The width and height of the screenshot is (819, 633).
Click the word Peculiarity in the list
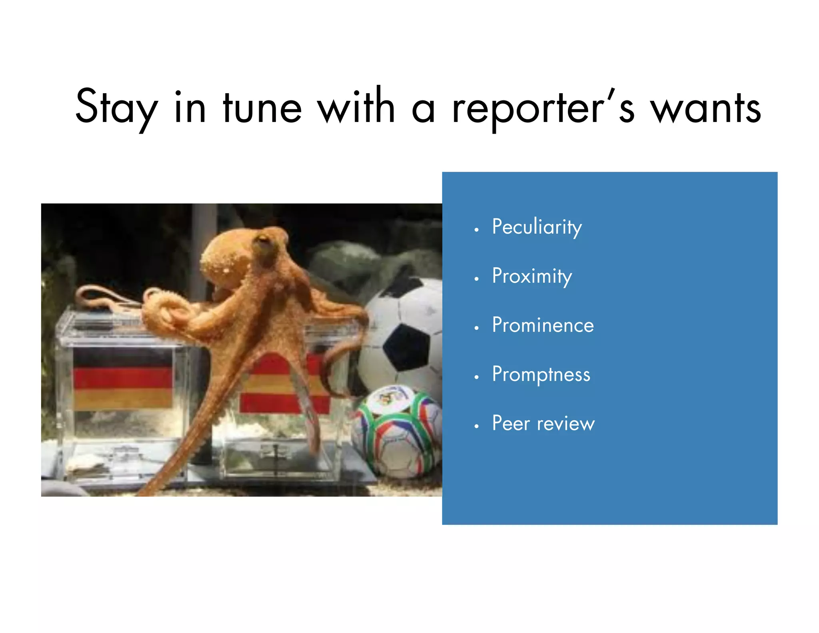tap(537, 227)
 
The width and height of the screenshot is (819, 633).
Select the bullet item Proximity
tap(532, 276)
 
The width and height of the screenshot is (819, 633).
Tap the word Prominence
tap(543, 325)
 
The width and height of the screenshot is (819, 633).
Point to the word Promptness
tap(541, 374)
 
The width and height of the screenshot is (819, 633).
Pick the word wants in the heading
tap(705, 108)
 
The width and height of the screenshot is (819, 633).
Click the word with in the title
tap(356, 106)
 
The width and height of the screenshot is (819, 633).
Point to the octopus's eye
tap(263, 240)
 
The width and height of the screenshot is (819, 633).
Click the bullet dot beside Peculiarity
tap(476, 230)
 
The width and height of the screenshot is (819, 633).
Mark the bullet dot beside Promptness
tap(476, 377)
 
